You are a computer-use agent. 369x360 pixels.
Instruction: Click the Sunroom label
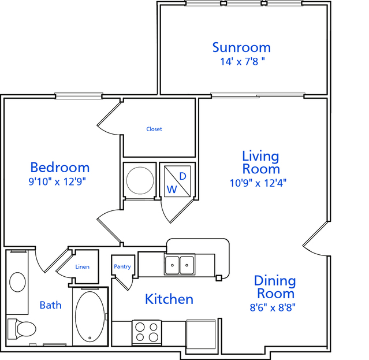(241, 47)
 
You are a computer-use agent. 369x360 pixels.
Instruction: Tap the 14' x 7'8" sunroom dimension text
(243, 62)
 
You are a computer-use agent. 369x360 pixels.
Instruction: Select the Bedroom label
(60, 168)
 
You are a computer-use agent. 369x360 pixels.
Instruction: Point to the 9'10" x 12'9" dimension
(57, 181)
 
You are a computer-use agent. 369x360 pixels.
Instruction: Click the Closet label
(154, 129)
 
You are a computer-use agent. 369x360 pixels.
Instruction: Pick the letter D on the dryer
(183, 176)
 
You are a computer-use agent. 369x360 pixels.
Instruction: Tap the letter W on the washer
(172, 189)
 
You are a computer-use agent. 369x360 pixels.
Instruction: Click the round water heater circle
(140, 181)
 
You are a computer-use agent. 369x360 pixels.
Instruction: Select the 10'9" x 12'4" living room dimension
(258, 183)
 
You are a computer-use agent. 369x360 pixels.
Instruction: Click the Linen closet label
(83, 267)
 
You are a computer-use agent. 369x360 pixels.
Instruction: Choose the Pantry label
(122, 266)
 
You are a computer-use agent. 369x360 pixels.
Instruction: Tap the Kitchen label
(169, 299)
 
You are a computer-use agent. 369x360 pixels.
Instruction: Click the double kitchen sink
(180, 265)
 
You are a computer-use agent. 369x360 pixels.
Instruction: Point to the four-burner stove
(147, 333)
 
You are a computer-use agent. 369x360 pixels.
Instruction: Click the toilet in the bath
(21, 329)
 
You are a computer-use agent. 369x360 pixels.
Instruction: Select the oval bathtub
(90, 316)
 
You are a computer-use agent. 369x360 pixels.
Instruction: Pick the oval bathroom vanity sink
(17, 282)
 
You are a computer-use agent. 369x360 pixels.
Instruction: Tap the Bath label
(51, 305)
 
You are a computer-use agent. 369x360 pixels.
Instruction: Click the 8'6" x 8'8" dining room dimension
(273, 307)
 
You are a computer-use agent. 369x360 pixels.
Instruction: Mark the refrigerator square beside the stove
(201, 335)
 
